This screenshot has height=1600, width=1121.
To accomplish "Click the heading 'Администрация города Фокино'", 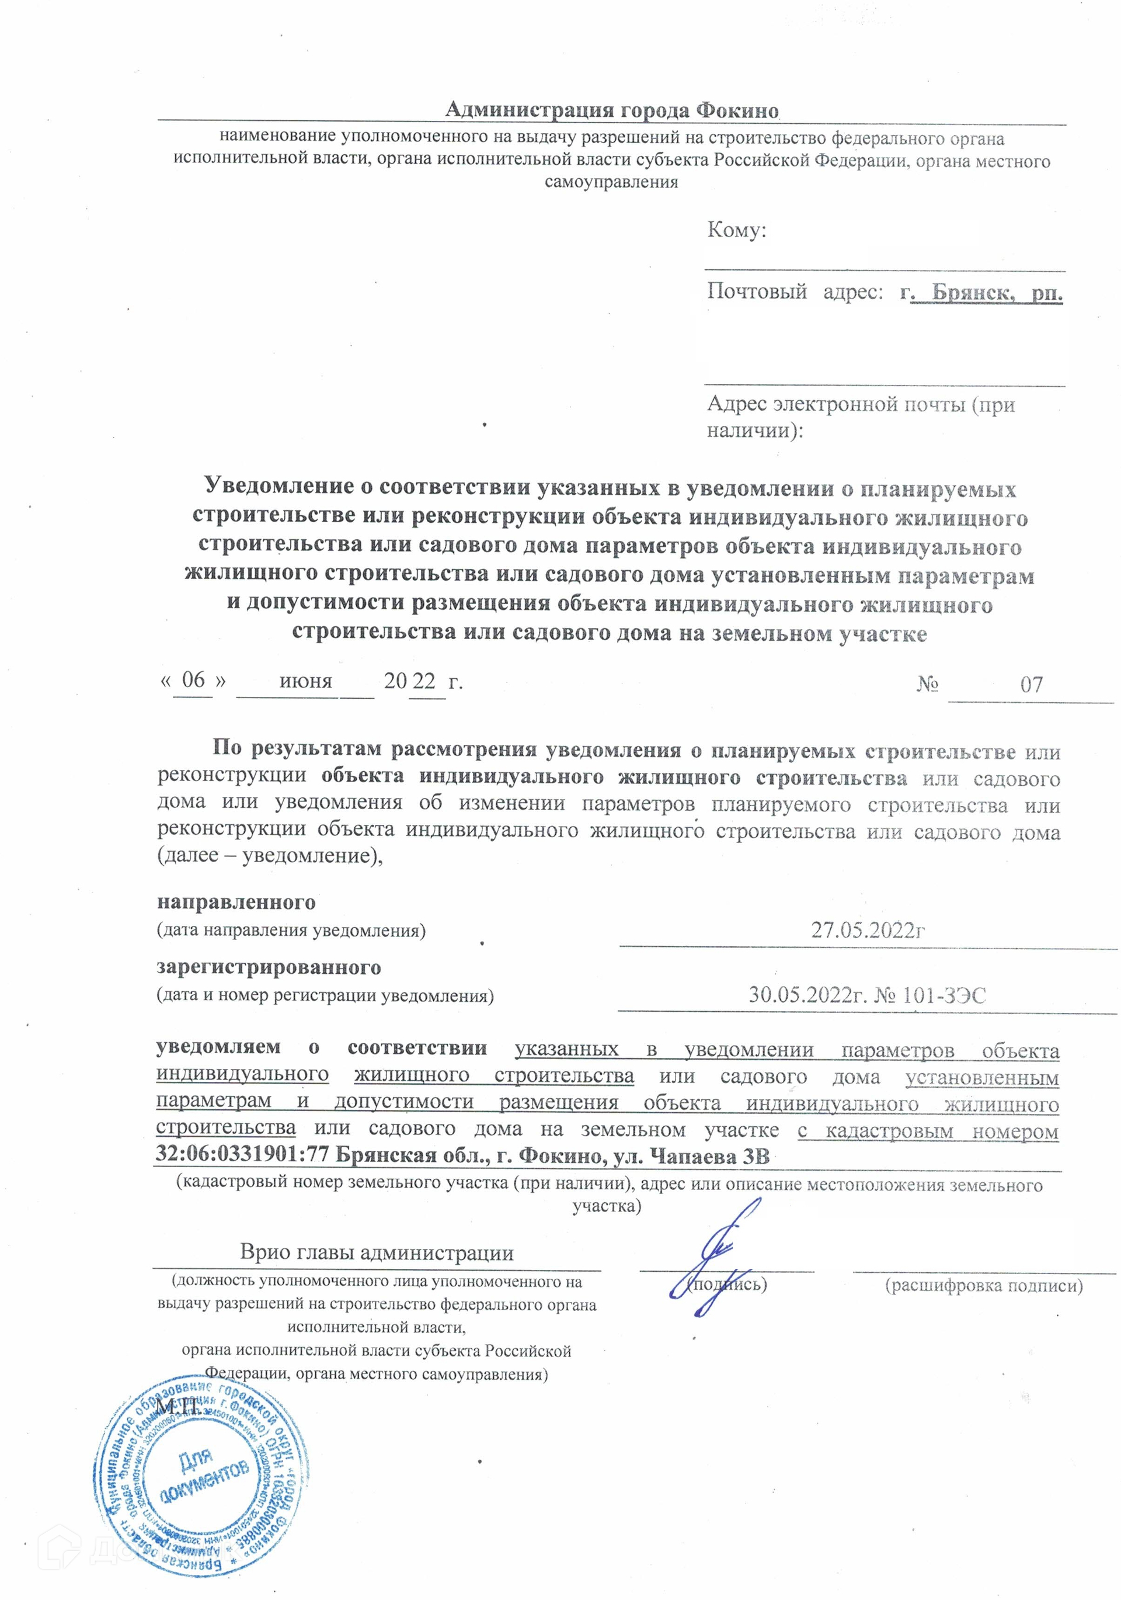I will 611,110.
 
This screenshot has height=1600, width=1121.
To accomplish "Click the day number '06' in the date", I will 193,679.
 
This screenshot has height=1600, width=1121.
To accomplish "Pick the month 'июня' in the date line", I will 305,681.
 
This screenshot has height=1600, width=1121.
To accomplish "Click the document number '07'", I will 1031,684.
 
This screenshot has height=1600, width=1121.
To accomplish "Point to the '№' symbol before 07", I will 927,684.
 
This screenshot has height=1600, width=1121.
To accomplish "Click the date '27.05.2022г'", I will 868,929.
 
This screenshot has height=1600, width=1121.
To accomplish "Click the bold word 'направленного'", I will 236,903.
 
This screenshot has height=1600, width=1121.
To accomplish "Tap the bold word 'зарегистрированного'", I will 269,967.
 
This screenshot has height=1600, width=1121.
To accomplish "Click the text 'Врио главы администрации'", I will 376,1252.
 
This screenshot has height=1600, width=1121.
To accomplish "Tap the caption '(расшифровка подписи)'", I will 983,1285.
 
